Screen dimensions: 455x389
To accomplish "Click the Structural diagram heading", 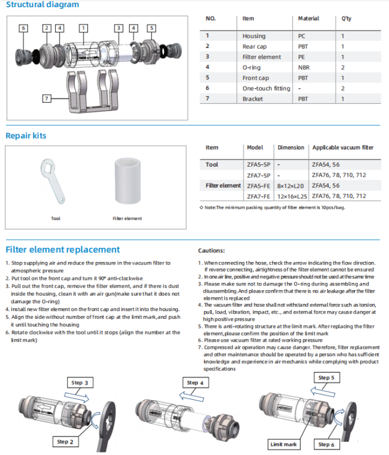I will point(42,5).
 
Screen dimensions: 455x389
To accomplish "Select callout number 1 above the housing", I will point(83,28).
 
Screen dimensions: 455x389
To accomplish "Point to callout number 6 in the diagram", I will point(23,28).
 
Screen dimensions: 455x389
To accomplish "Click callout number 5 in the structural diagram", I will point(151,28).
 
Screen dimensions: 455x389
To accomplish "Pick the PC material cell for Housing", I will point(302,36).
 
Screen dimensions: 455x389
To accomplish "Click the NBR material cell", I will point(303,67).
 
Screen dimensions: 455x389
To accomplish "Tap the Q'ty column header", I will point(346,19).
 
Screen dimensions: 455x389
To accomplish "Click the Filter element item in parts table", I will point(262,57).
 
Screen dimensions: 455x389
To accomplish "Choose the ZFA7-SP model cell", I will point(259,175).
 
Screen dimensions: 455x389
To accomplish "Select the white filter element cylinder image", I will point(127,180).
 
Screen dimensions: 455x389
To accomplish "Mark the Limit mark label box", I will point(284,444).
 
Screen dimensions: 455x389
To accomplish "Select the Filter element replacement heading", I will point(63,249).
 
